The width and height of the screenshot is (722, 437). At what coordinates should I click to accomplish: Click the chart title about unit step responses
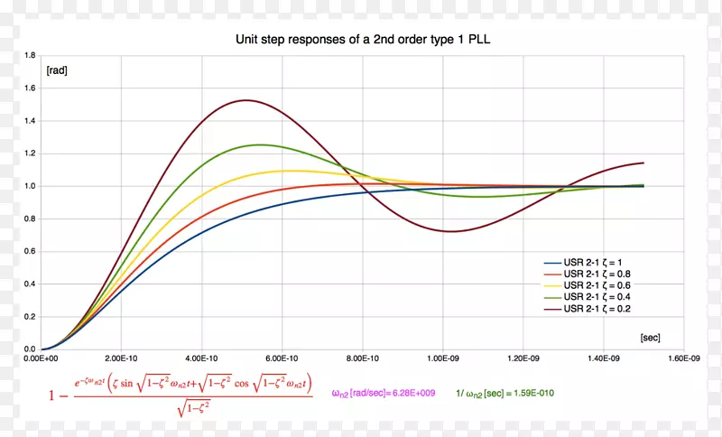(362, 40)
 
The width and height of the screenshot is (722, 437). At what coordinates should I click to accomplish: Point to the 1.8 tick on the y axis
(30, 56)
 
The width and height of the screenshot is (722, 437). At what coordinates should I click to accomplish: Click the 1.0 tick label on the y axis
(30, 186)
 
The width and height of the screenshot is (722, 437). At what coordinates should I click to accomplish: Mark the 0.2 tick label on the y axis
(30, 316)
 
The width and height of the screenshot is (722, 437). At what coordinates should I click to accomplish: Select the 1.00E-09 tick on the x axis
(443, 358)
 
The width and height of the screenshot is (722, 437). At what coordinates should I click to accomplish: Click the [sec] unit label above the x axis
(650, 338)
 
